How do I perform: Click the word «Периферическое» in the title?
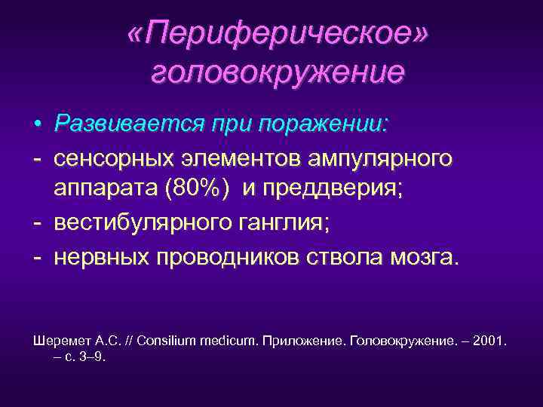click(x=277, y=33)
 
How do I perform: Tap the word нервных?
click(x=100, y=258)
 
